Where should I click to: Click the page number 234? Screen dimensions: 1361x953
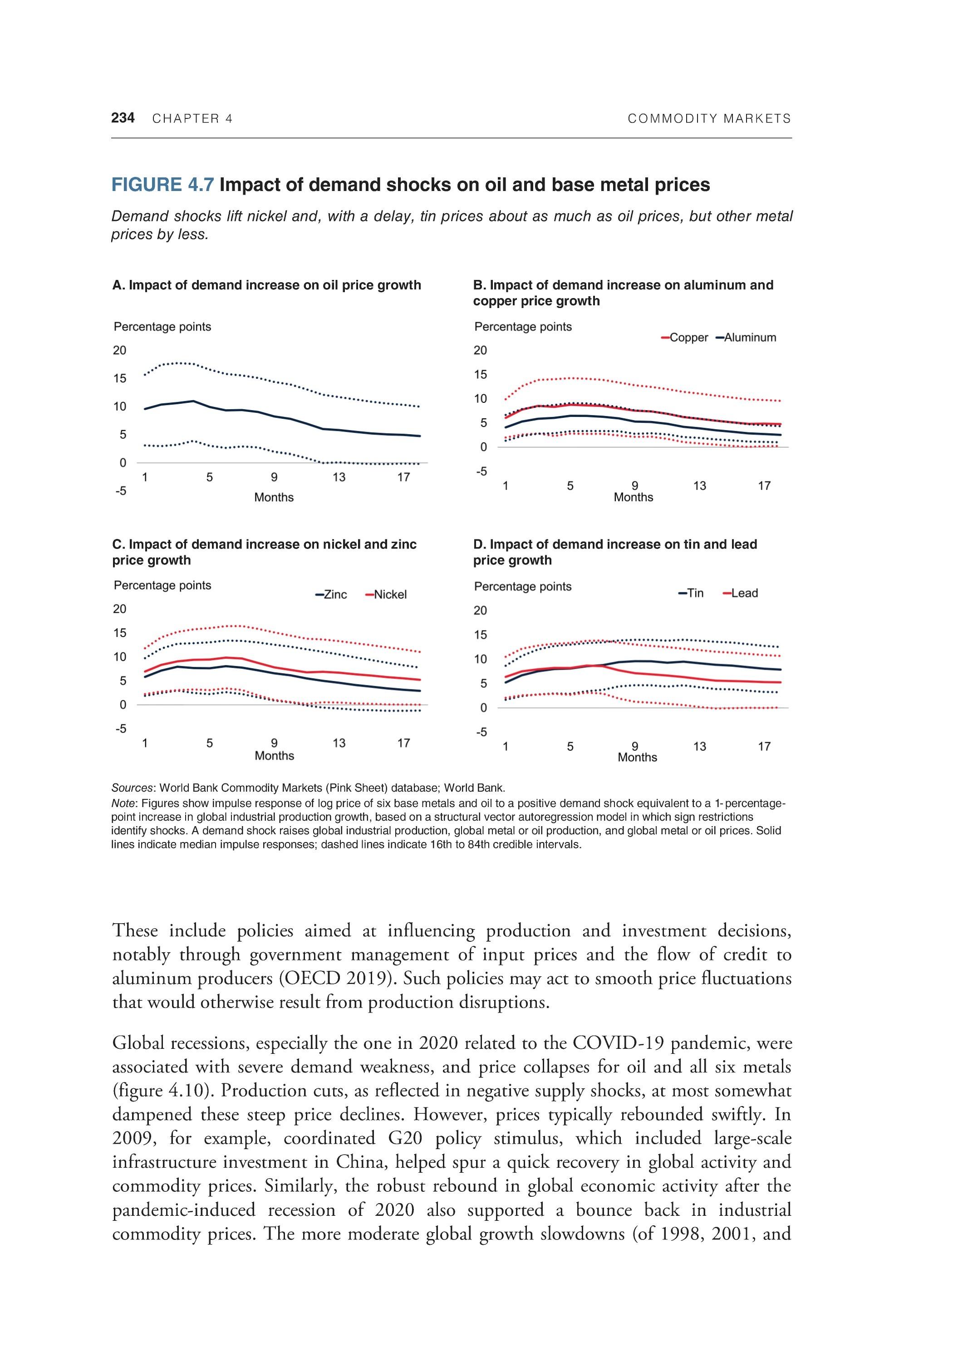123,118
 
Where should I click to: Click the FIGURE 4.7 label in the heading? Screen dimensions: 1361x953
162,185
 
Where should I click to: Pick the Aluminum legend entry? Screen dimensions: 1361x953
746,338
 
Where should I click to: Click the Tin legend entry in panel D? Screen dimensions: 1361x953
692,593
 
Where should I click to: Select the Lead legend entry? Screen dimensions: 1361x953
741,593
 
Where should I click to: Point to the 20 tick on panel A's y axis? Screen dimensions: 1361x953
120,350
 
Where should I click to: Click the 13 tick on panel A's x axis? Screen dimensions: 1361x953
339,477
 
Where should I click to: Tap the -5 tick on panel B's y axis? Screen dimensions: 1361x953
480,471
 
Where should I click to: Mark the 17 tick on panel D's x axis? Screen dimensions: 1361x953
764,746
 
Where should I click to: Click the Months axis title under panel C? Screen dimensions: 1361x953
274,756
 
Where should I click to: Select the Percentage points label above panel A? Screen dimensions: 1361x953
162,327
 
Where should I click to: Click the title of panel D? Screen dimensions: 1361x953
614,552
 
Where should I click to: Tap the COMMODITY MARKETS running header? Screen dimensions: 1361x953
709,118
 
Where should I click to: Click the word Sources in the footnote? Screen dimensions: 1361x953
133,788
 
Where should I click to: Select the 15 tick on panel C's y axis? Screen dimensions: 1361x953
120,633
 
